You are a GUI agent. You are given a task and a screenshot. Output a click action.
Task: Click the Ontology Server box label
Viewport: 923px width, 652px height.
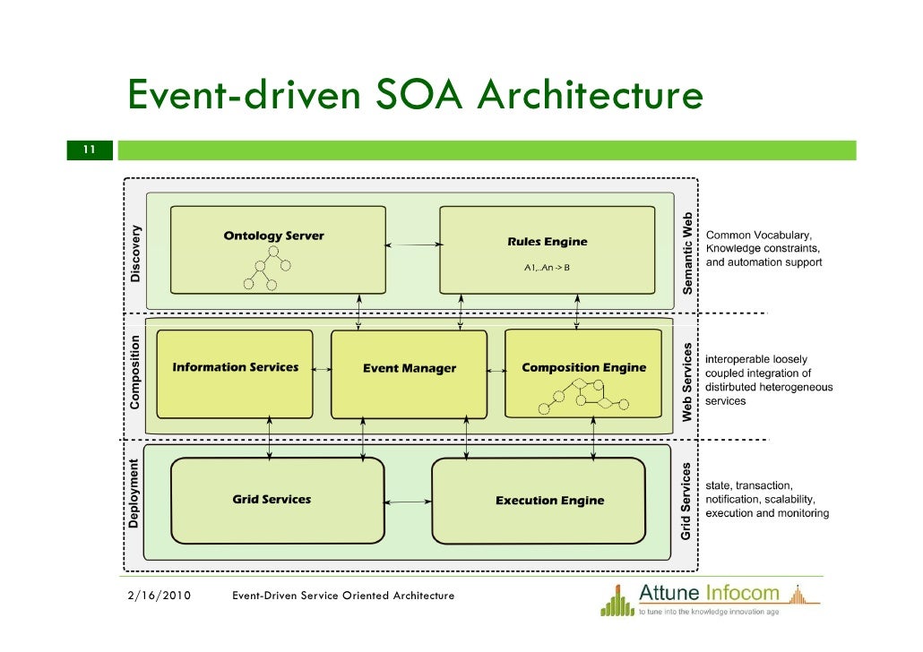[273, 236]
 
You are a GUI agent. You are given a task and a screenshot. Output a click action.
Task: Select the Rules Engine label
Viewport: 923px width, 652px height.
[547, 242]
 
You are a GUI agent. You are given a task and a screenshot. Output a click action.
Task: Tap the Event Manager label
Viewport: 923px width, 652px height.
[409, 368]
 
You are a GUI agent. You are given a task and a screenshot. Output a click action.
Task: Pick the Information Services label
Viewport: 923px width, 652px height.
[235, 367]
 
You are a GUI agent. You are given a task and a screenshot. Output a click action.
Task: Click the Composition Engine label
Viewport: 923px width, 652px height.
[583, 367]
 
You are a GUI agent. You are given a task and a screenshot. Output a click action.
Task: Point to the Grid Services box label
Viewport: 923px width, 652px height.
[272, 500]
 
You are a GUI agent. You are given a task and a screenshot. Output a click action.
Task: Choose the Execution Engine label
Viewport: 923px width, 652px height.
[549, 501]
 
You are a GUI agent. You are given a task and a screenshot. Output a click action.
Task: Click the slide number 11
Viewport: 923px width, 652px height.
[89, 150]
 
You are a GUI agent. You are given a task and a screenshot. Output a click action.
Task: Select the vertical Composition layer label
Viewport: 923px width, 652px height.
[135, 373]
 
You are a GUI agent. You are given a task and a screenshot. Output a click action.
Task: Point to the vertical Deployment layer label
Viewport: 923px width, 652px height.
[134, 493]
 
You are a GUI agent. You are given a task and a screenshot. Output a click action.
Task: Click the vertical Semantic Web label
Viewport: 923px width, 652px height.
[687, 253]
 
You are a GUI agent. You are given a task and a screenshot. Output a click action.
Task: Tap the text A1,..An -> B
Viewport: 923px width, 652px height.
[547, 267]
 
